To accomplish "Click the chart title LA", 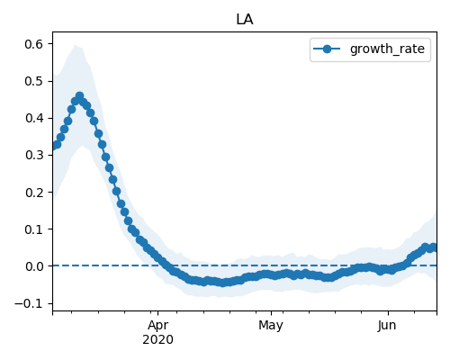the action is tap(245, 20).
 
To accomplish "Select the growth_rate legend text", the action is tap(387, 49).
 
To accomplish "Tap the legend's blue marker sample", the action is tap(327, 49).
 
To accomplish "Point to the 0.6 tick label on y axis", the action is tap(34, 44).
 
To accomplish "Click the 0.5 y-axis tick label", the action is tap(34, 81).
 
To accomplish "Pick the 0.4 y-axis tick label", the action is tap(34, 118).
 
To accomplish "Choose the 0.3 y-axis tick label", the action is tap(34, 155).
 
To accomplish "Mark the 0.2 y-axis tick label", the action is tap(34, 193).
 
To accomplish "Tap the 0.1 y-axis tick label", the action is tap(34, 229).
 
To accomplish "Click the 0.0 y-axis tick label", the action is tap(34, 266).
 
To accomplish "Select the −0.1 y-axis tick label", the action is tap(29, 303).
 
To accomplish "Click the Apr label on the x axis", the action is tap(158, 326).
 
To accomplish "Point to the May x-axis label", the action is tap(271, 326).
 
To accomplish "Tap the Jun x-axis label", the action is tap(387, 326).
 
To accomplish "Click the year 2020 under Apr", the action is tap(157, 340).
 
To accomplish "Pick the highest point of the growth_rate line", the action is tap(79, 96).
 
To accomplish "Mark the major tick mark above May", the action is tap(271, 313).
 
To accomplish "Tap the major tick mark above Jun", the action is tap(388, 313).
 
